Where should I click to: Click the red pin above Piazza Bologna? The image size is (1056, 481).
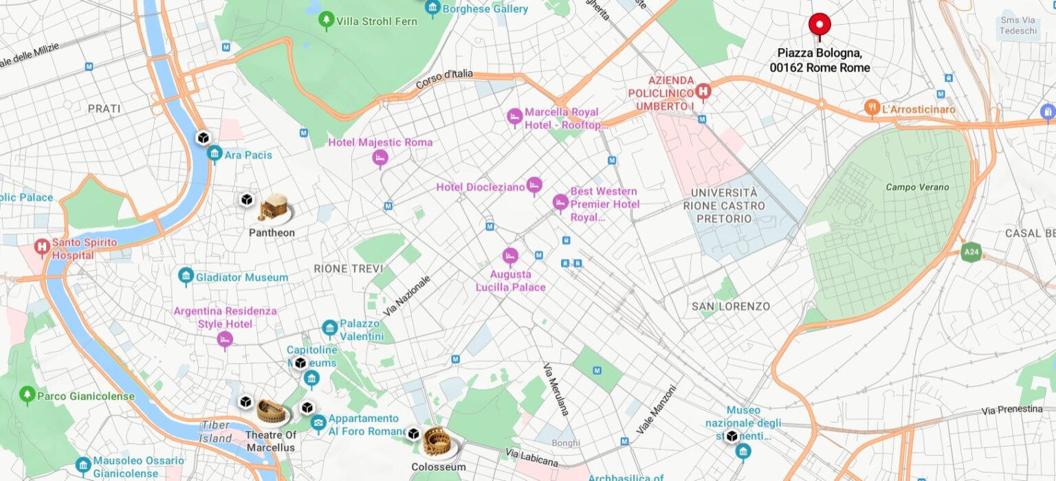pos(819,25)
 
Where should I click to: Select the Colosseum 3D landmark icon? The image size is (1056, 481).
pos(437,442)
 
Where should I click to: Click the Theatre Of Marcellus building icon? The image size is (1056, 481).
pos(272,412)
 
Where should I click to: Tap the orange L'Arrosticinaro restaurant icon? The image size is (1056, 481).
pos(871,108)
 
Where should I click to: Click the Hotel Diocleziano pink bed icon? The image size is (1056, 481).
pos(534,186)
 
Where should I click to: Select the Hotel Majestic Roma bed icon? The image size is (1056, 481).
pos(379,159)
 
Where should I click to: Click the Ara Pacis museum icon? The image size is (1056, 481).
pos(214,154)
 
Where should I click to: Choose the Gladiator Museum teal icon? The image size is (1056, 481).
pos(186,277)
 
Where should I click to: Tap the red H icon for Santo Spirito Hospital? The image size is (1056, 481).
pos(42,247)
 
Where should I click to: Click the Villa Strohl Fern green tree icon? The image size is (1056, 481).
pos(327,21)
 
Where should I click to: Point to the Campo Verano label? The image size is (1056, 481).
pos(916,187)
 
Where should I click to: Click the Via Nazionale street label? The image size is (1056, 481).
pos(407,295)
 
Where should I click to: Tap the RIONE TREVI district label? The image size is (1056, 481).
pos(348,269)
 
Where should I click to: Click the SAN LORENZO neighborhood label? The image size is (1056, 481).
pos(731,306)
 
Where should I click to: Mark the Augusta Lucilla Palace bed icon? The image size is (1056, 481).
pos(509,257)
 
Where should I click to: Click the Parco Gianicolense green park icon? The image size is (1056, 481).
pos(27,395)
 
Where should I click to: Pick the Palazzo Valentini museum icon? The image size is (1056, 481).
pos(329,328)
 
